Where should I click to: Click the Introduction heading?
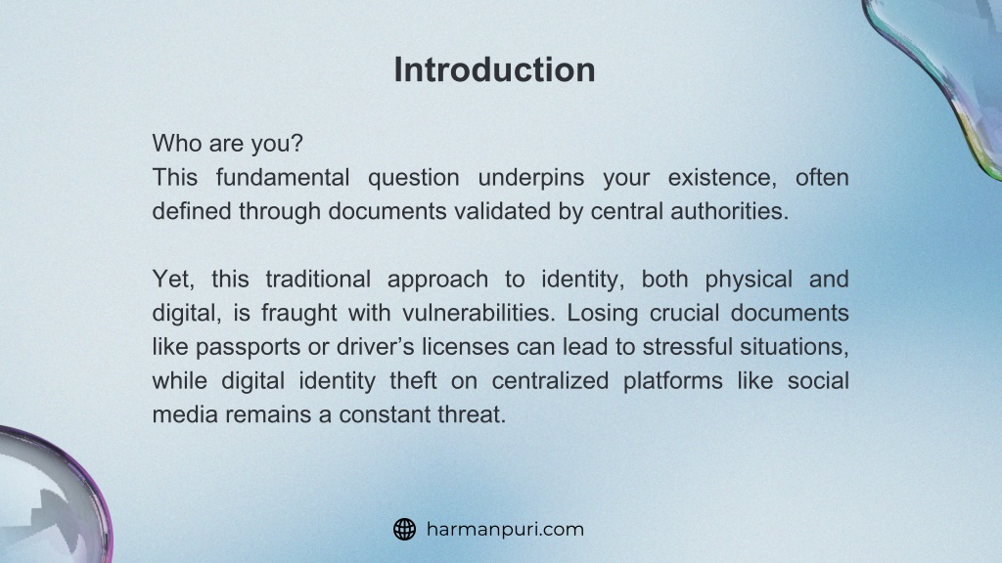pyautogui.click(x=494, y=69)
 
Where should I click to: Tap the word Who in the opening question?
pyautogui.click(x=176, y=143)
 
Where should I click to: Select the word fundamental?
pyautogui.click(x=283, y=177)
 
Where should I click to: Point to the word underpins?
pyautogui.click(x=531, y=178)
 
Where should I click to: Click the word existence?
pyautogui.click(x=722, y=178)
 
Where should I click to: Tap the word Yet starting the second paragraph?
pyautogui.click(x=173, y=279)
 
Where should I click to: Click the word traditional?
pyautogui.click(x=318, y=279)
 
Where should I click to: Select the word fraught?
pyautogui.click(x=299, y=314)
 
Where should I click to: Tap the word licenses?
pyautogui.click(x=465, y=347)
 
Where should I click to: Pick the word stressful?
pyautogui.click(x=688, y=347)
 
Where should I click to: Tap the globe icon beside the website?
pyautogui.click(x=404, y=529)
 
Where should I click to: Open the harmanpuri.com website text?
pyautogui.click(x=505, y=529)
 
